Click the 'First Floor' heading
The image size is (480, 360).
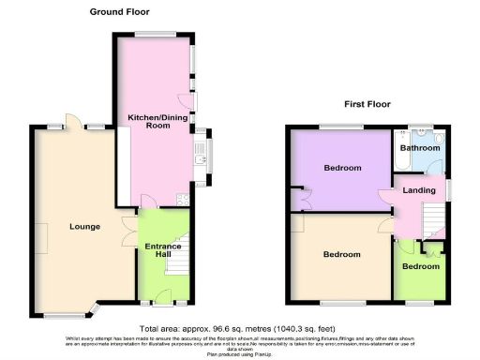367,104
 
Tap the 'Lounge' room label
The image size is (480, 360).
85,226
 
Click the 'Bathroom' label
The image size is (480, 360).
420,148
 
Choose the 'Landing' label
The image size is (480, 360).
418,191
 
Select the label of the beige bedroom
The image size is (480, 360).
342,254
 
